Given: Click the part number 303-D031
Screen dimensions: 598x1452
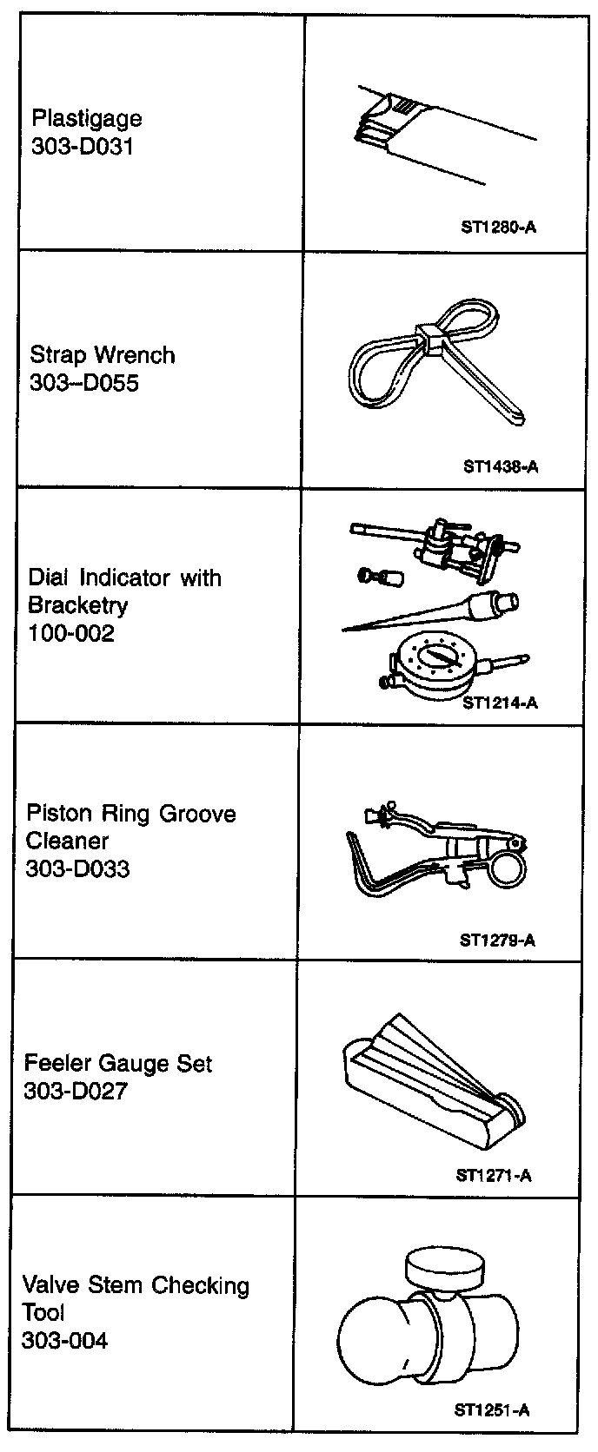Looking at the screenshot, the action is coord(82,146).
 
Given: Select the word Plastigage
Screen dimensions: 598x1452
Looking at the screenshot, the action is coord(86,119).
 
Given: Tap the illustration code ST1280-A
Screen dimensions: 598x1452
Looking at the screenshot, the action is coord(499,228).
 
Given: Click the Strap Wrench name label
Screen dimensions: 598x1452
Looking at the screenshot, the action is coord(102,355).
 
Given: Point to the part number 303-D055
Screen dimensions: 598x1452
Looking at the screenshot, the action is coord(83,383).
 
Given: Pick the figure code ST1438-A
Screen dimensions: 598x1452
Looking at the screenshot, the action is coord(501,466).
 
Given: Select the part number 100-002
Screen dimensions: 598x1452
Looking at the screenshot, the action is coord(70,633).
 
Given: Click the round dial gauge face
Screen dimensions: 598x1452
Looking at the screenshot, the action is coord(432,664).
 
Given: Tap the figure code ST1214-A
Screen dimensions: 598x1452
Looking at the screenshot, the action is coord(500,703).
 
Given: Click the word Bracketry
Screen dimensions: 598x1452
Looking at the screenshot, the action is coord(77,605).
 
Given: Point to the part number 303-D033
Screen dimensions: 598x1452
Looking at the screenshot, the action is coord(77,868).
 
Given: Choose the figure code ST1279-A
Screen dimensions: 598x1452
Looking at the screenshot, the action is coord(497,940).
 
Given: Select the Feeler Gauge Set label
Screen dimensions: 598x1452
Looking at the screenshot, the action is coord(117,1064).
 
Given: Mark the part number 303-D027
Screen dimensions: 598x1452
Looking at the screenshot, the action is coord(76,1092).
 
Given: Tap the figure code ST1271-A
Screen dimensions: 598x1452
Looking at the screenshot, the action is coord(494,1176).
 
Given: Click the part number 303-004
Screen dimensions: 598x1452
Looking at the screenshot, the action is coord(64,1341).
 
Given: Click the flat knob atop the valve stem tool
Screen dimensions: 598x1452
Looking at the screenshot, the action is coord(443,1270).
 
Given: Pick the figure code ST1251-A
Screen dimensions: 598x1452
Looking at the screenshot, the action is coord(491,1410).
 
